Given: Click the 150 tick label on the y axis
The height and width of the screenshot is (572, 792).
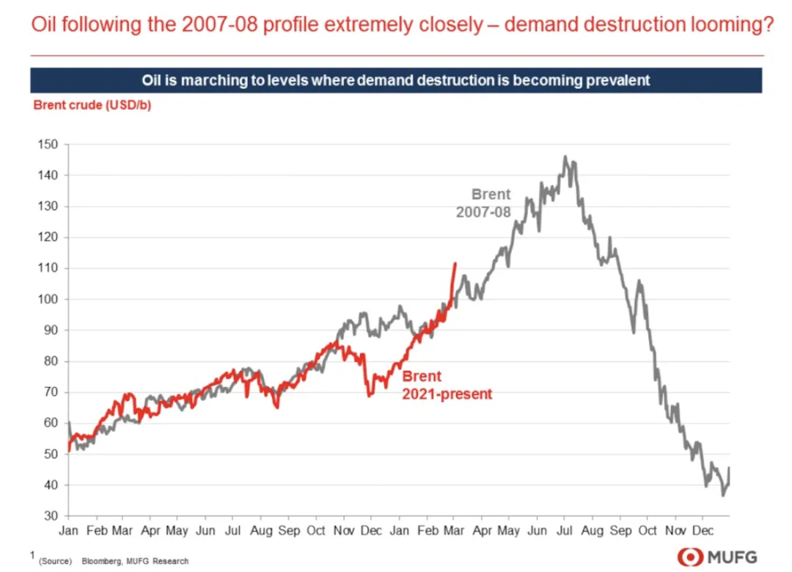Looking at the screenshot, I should pyautogui.click(x=48, y=145).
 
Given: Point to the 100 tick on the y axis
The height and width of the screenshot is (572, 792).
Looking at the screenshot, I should pyautogui.click(x=48, y=300).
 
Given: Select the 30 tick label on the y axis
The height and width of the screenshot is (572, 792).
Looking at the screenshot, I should pyautogui.click(x=51, y=516).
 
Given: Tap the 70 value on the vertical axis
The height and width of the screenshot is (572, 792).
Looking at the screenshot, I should pyautogui.click(x=51, y=392).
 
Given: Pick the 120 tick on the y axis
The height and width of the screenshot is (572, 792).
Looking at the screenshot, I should pyautogui.click(x=48, y=237).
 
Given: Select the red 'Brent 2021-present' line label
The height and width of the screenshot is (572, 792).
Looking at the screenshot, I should pyautogui.click(x=447, y=385).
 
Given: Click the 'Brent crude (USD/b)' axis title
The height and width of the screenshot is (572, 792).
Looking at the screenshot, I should pyautogui.click(x=92, y=104).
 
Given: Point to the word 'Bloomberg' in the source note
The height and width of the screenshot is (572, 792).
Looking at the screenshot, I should pyautogui.click(x=98, y=561).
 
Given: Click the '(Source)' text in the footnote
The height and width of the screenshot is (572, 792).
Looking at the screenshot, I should pyautogui.click(x=56, y=561).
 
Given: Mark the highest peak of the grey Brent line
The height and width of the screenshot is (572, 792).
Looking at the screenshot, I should pyautogui.click(x=565, y=156).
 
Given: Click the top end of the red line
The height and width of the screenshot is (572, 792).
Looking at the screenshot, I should pyautogui.click(x=455, y=263).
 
